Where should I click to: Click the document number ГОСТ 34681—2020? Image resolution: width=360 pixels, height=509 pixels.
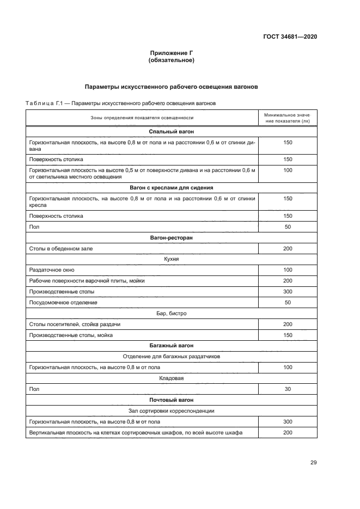[290, 37]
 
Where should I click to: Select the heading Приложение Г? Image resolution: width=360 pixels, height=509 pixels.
[172, 53]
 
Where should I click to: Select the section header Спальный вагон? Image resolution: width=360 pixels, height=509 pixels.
[172, 132]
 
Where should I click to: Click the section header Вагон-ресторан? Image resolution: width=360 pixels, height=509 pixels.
[172, 238]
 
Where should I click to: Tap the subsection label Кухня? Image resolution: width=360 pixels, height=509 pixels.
[172, 259]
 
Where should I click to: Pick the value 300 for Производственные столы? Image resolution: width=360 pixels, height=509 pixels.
[288, 291]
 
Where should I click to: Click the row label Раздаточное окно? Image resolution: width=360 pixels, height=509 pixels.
[52, 270]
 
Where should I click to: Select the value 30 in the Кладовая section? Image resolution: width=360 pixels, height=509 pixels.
[288, 389]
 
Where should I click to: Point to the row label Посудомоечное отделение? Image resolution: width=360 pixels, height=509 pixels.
[63, 302]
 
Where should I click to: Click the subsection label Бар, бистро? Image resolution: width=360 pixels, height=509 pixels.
[172, 313]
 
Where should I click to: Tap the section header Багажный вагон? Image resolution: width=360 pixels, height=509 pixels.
[172, 346]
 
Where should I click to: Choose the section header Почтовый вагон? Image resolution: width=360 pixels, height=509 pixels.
[172, 400]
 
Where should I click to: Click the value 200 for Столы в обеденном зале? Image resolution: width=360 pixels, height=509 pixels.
[288, 248]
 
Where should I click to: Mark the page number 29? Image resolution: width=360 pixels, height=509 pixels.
[313, 463]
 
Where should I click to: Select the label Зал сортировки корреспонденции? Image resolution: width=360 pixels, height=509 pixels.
[172, 411]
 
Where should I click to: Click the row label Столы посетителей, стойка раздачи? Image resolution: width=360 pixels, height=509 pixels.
[75, 324]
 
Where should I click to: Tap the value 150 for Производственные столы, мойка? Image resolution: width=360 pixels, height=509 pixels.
[288, 335]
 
